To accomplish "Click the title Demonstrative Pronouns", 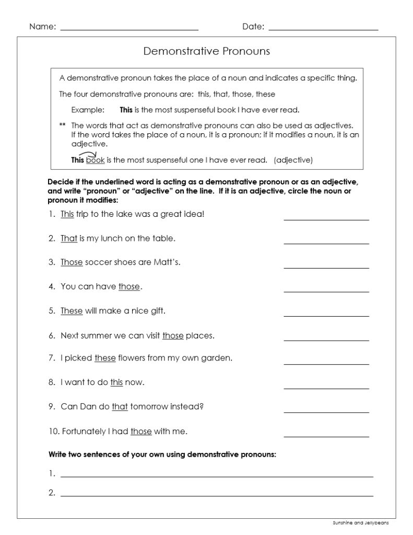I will pyautogui.click(x=206, y=51).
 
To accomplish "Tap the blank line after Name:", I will pyautogui.click(x=129, y=28).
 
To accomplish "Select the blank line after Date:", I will pyautogui.click(x=323, y=28).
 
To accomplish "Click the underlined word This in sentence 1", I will pyautogui.click(x=67, y=214).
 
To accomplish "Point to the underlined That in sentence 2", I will pyautogui.click(x=69, y=238).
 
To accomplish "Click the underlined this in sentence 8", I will pyautogui.click(x=116, y=382).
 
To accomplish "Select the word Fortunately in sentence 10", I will pyautogui.click(x=85, y=431).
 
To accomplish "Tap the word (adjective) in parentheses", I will pyautogui.click(x=293, y=160).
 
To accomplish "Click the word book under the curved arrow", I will pyautogui.click(x=96, y=160).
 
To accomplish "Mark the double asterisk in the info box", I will pyautogui.click(x=63, y=125).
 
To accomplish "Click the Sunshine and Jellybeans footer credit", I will pyautogui.click(x=361, y=522).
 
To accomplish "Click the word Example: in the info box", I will pyautogui.click(x=88, y=110).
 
